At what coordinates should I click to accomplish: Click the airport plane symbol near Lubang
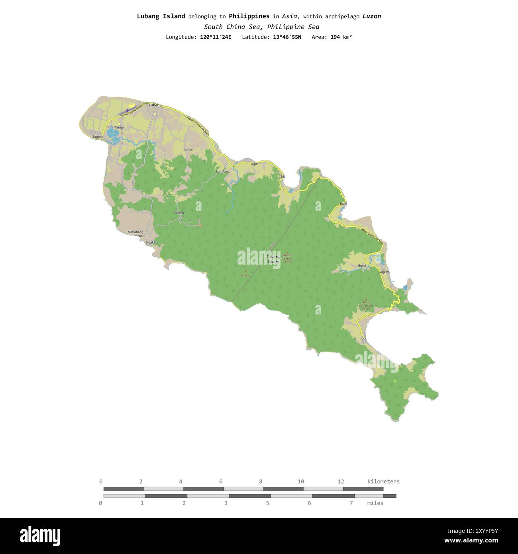[128, 110]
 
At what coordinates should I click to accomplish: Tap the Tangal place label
[120, 128]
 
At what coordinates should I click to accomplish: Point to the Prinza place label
[188, 150]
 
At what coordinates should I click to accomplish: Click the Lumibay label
[222, 171]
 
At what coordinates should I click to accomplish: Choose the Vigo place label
[254, 164]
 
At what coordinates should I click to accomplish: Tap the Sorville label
[179, 213]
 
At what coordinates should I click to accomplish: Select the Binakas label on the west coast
[151, 242]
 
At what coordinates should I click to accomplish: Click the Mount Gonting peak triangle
[287, 252]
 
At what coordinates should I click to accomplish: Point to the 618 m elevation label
[245, 275]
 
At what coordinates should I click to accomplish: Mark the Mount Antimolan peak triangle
[365, 299]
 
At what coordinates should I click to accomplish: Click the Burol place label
[362, 265]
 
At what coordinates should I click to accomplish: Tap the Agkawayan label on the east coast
[385, 272]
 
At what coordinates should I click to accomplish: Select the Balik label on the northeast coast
[343, 204]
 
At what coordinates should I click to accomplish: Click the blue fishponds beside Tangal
[112, 136]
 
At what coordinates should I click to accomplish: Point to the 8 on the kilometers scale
[261, 481]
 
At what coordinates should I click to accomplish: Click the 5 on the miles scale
[267, 503]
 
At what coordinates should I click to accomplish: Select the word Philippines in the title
[249, 16]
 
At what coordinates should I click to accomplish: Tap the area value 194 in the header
[336, 37]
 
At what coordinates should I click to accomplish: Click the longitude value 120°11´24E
[215, 37]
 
